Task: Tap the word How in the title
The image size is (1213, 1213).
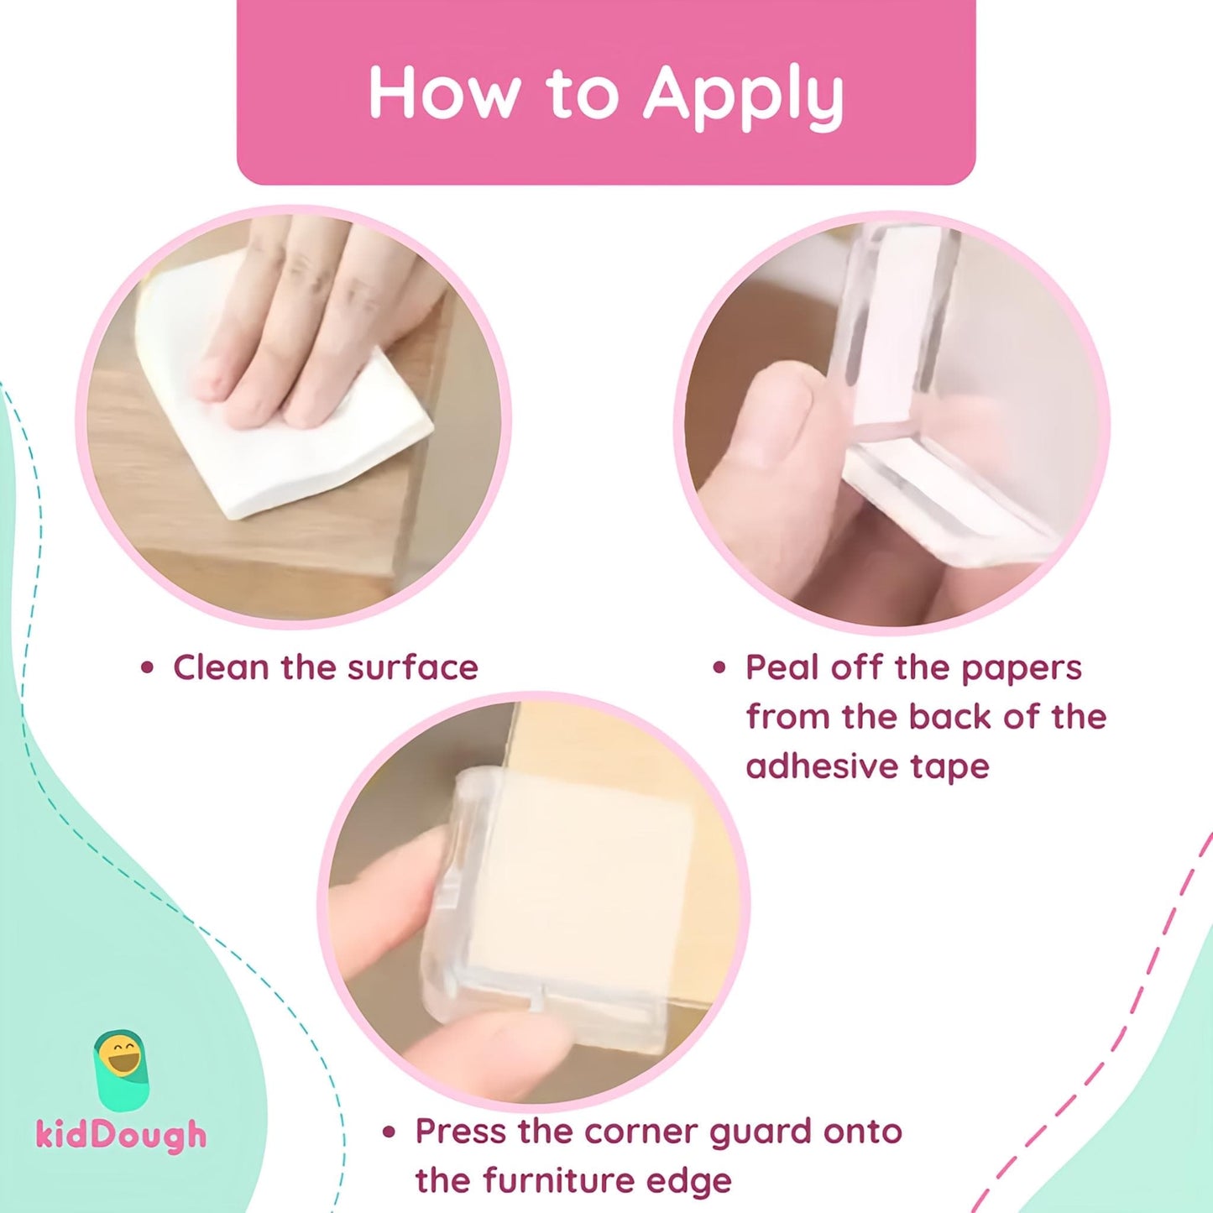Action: [442, 91]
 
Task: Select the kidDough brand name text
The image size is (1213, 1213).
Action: [122, 1135]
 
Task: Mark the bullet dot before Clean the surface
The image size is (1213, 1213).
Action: [147, 668]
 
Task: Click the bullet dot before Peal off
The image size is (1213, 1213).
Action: [720, 668]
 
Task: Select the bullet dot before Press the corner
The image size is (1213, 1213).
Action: [390, 1132]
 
